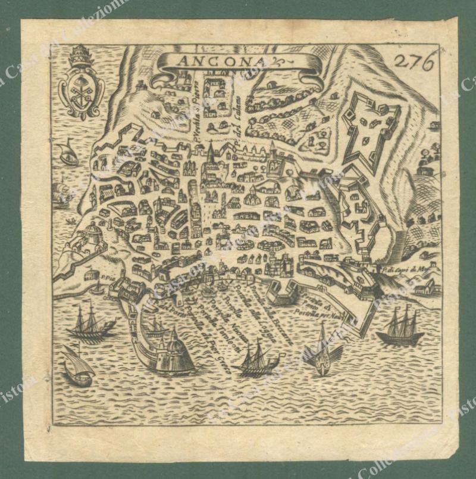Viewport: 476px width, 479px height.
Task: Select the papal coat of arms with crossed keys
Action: tap(82, 83)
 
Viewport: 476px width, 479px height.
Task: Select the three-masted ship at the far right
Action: tap(400, 327)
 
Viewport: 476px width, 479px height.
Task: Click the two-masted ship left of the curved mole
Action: tap(89, 322)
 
